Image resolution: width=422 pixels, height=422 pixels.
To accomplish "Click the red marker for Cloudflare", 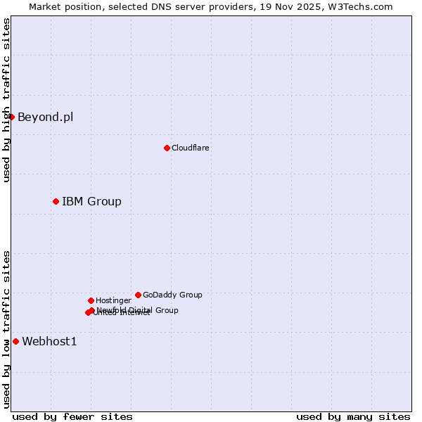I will click(167, 148).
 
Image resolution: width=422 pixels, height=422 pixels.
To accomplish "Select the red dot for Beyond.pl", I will click(12, 117).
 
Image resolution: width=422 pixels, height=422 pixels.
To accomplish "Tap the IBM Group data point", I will click(56, 202).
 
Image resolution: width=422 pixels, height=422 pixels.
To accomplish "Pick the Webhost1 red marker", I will click(15, 342).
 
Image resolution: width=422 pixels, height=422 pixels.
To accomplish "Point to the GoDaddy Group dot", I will click(138, 295).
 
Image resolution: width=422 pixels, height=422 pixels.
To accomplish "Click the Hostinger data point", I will click(91, 301).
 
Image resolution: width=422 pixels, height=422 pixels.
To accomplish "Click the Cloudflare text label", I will click(190, 148).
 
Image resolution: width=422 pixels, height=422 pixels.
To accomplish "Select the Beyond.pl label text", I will click(45, 117).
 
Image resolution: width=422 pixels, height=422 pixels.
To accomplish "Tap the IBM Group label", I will click(91, 202).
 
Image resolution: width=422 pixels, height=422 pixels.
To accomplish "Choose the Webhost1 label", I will click(49, 342).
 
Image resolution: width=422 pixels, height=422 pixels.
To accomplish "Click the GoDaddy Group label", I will click(172, 295).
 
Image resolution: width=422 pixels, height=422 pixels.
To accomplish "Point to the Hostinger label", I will click(113, 301).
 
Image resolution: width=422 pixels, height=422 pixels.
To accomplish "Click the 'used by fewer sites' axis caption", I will click(72, 417).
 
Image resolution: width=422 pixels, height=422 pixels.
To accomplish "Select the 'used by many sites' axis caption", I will click(353, 417).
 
